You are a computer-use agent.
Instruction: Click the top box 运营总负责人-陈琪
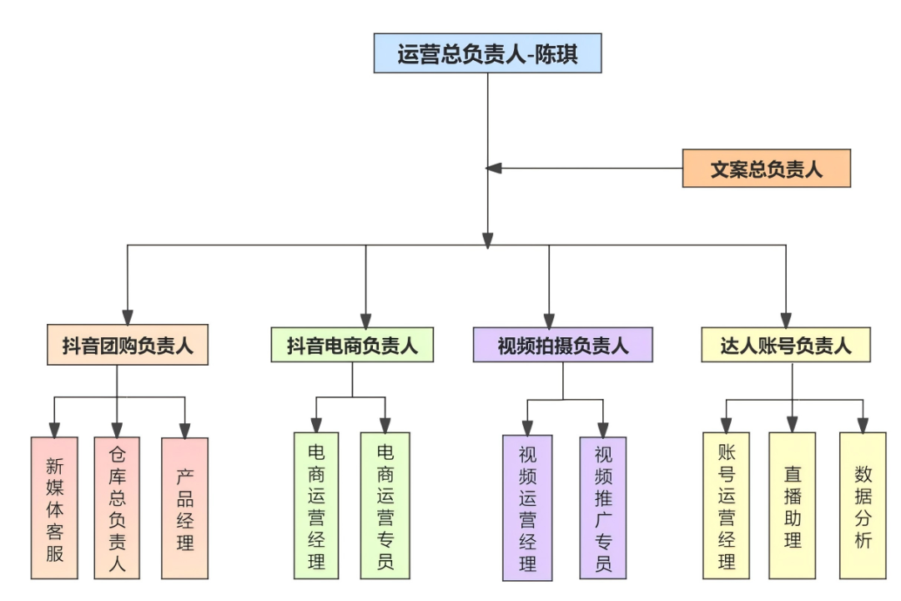487,54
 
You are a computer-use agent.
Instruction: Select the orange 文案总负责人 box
766,169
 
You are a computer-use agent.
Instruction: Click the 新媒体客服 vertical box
54,508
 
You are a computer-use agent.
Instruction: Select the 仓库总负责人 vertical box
117,508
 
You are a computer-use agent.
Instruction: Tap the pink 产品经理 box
184,508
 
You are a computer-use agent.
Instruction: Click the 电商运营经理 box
316,505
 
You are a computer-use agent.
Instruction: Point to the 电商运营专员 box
385,505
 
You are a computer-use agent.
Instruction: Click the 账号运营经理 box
726,505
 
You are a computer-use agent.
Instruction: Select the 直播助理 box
792,505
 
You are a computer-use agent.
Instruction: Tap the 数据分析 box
863,505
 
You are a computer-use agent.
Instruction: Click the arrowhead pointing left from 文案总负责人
494,169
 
